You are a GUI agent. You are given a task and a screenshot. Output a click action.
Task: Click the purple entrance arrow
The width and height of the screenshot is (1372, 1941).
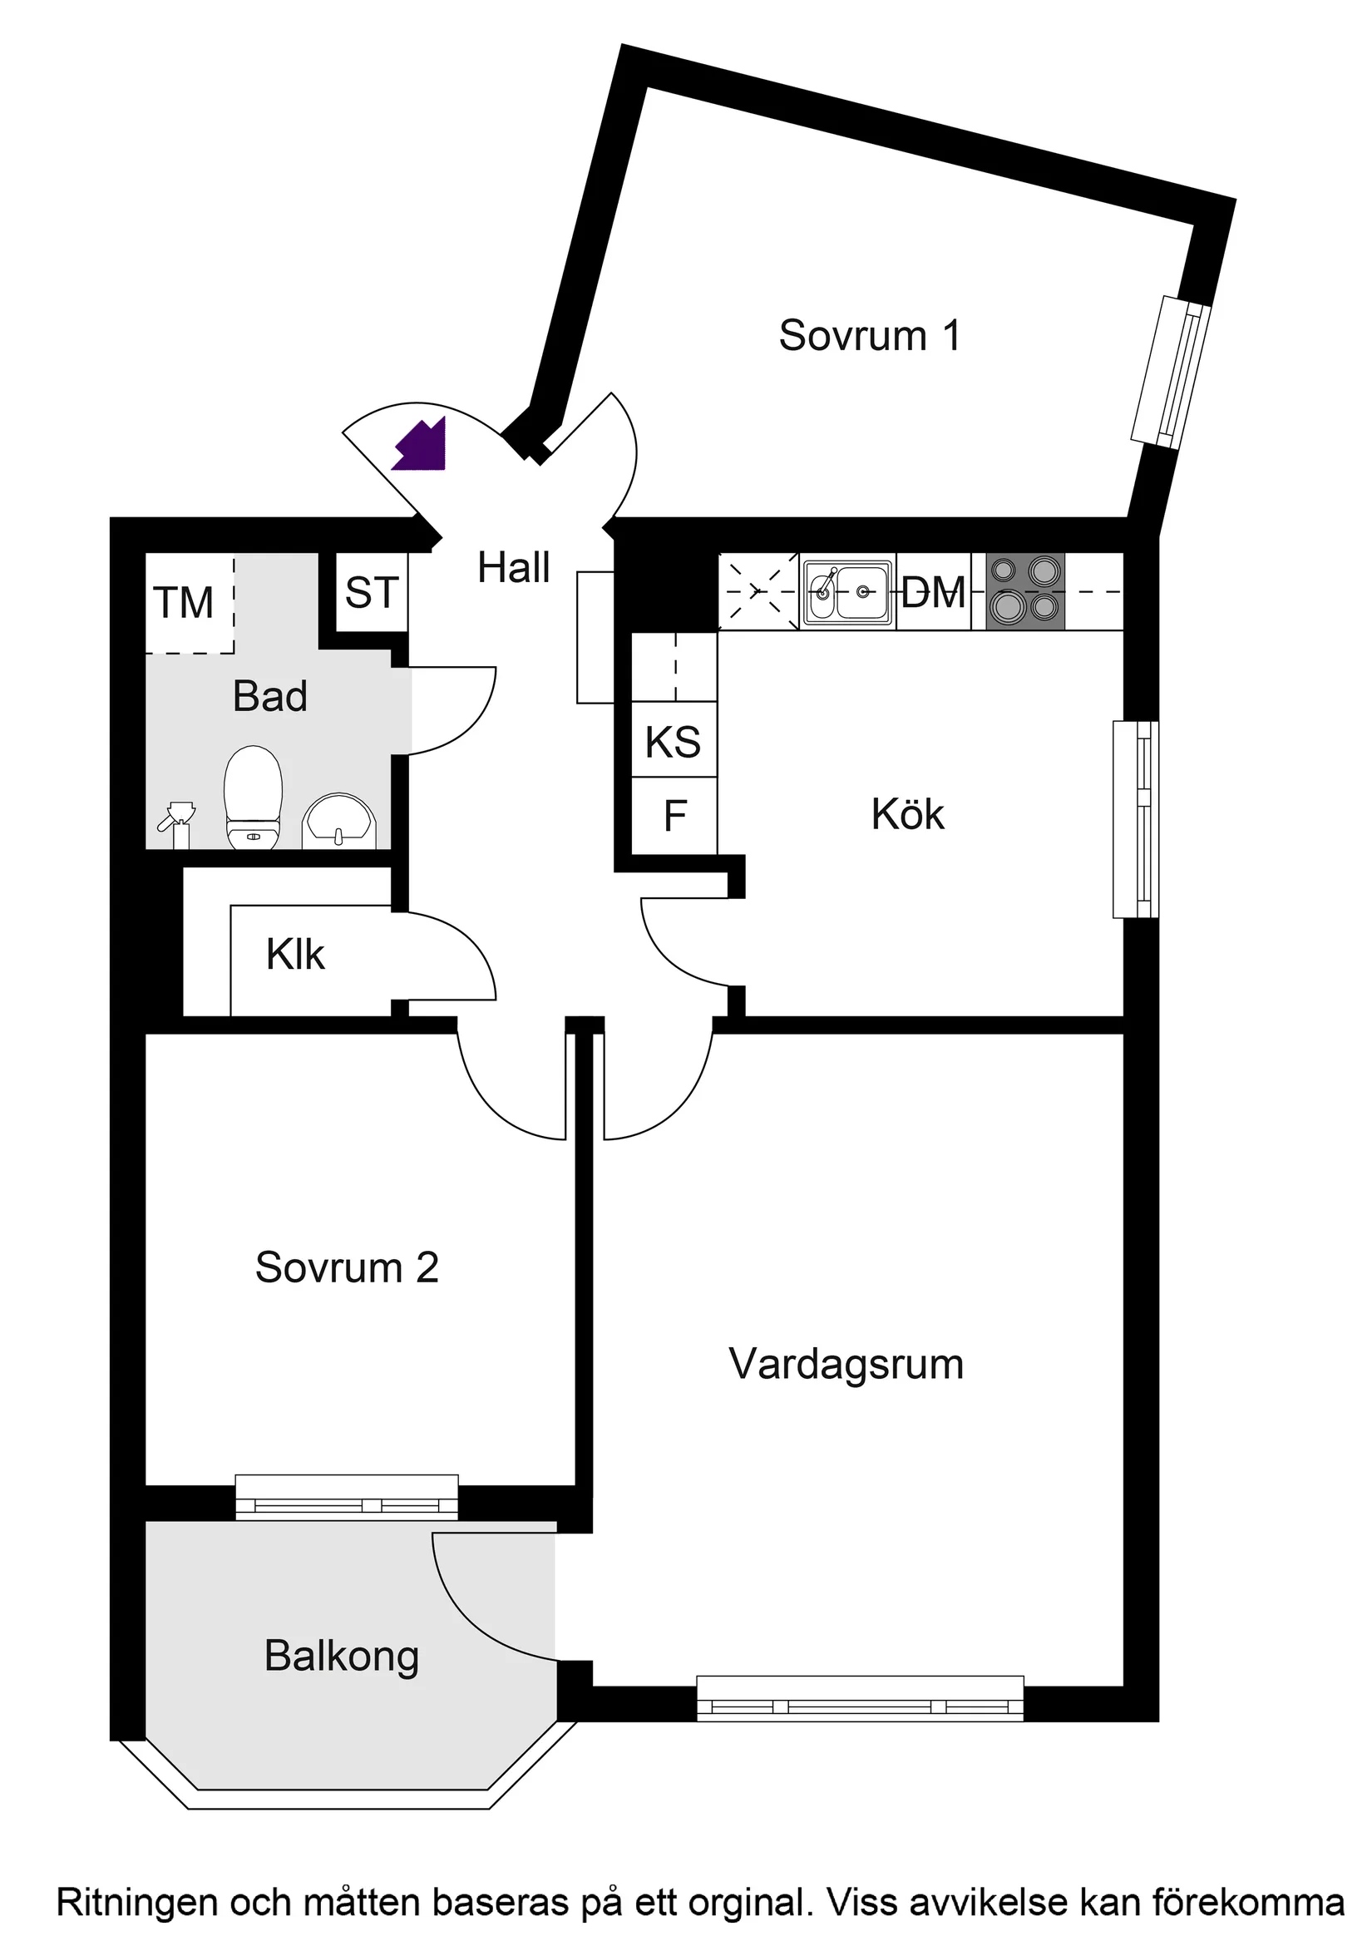420,446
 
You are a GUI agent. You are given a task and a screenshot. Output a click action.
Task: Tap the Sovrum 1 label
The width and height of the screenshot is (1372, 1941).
869,336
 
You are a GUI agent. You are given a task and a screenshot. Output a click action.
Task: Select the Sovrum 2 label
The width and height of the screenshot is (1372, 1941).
347,1268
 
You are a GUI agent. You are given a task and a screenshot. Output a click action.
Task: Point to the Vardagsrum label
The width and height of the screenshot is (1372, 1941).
846,1365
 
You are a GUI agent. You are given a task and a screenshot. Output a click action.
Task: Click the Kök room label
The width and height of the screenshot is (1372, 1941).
907,815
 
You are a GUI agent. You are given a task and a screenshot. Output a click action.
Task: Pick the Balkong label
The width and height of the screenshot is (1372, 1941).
342,1656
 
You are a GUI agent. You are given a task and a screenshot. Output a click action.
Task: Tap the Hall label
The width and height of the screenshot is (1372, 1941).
513,567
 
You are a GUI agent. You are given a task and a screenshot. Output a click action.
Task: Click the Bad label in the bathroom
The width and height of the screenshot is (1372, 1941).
269,697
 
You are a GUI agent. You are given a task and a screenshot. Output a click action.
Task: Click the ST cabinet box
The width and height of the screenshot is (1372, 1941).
372,593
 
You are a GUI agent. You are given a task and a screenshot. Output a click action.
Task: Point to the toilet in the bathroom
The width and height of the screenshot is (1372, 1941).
253,797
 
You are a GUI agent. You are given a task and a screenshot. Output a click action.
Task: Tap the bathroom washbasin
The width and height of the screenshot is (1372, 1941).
339,821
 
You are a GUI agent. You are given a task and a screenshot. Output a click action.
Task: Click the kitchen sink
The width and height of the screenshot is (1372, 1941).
847,592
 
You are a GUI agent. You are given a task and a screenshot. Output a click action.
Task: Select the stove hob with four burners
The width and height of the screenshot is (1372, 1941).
1024,591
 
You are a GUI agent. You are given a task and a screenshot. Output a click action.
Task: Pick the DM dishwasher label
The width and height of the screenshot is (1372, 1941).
933,592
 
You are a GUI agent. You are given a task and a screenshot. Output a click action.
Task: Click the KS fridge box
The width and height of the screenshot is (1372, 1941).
674,742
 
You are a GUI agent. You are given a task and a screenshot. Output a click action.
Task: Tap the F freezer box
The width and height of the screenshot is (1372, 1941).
674,816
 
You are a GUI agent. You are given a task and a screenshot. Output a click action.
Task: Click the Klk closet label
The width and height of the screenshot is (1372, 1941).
295,955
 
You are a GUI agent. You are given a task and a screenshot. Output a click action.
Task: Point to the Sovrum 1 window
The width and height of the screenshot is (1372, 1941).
1171,371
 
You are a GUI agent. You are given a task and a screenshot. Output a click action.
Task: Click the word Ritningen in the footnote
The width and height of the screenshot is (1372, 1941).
137,1903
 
